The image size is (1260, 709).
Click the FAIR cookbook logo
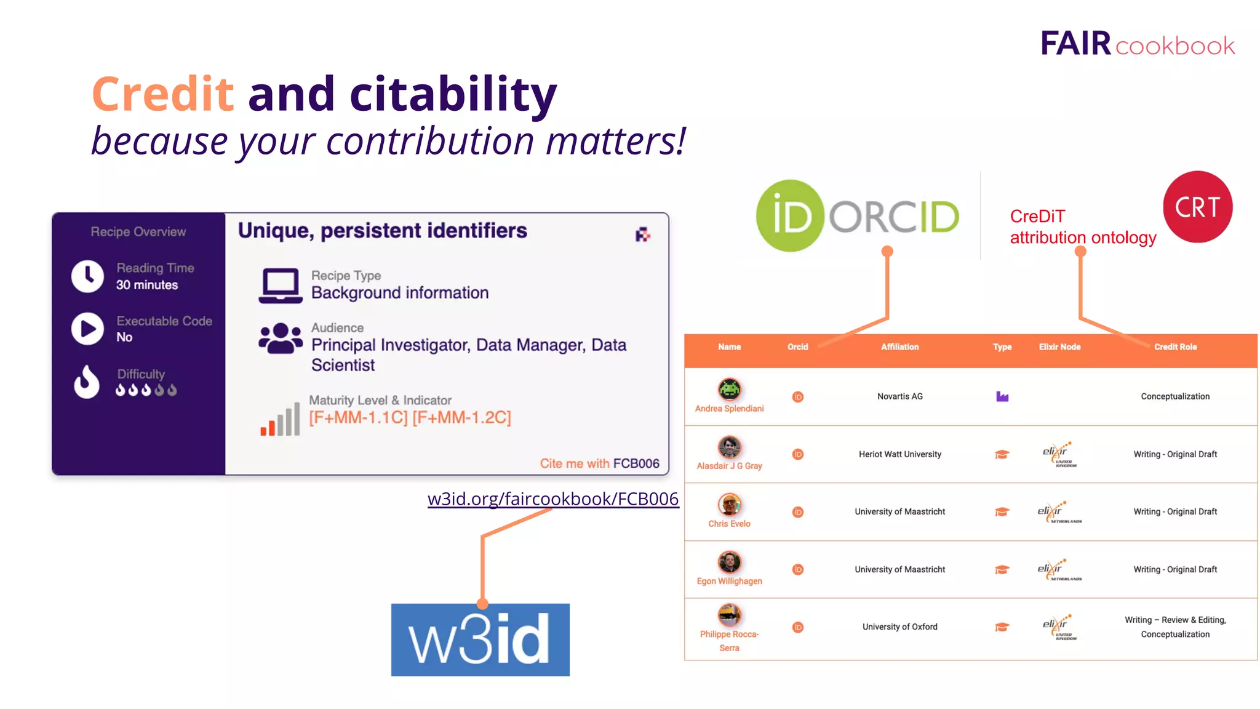click(1137, 44)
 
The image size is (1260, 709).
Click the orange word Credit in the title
click(163, 94)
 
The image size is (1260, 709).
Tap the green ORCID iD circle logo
click(790, 216)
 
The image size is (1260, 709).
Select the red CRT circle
click(1197, 207)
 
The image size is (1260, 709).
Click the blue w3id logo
click(480, 639)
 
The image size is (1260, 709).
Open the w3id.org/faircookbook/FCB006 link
click(552, 499)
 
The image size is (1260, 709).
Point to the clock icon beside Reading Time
click(87, 276)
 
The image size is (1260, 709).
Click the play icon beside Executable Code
click(87, 329)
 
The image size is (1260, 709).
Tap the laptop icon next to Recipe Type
click(281, 285)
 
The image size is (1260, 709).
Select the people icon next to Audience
click(281, 338)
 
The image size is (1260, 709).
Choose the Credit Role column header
click(1175, 347)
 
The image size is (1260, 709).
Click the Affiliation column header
click(899, 347)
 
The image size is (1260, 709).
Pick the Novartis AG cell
click(899, 396)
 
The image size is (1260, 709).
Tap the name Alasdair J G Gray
click(729, 466)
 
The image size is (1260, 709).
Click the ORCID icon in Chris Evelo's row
click(798, 512)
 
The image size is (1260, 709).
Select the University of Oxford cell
click(899, 627)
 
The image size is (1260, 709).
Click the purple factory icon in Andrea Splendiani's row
click(1002, 396)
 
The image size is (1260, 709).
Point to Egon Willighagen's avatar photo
click(730, 562)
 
